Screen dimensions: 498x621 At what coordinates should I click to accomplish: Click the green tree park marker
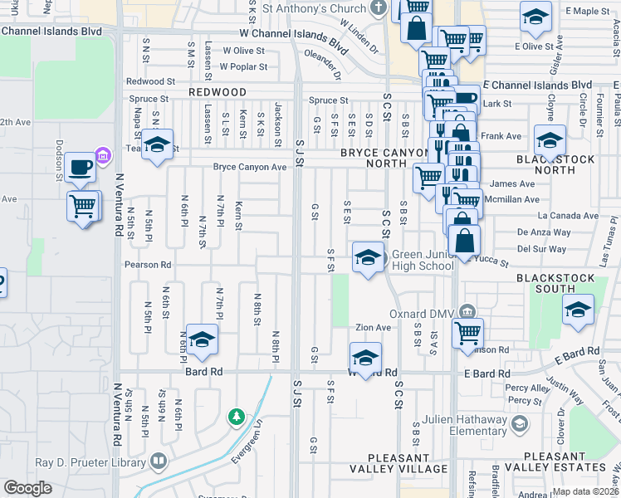pos(237,415)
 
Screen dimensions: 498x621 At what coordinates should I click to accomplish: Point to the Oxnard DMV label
pos(423,314)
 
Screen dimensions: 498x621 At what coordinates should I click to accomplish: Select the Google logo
pos(28,488)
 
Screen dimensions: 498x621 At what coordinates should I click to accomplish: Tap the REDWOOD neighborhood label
pos(217,92)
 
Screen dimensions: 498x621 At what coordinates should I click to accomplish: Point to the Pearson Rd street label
pos(148,265)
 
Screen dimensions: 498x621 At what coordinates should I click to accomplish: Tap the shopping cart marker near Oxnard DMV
pos(467,332)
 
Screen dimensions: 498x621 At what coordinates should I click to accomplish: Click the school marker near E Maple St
pos(535,17)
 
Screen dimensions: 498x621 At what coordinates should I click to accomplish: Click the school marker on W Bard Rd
pos(364,358)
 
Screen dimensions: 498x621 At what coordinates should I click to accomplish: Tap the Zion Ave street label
pos(373,328)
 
